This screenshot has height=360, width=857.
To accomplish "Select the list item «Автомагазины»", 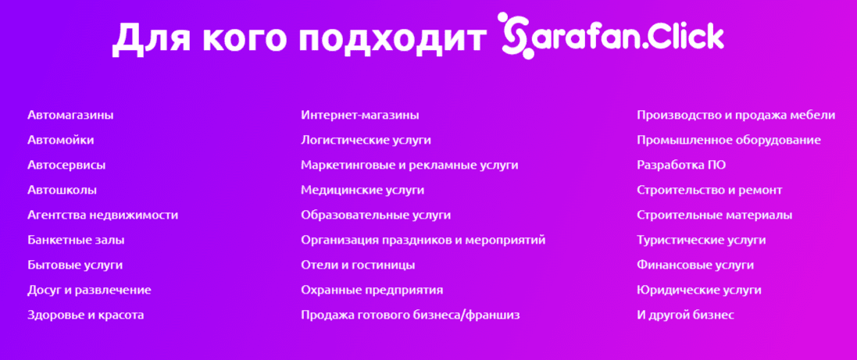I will pyautogui.click(x=70, y=116).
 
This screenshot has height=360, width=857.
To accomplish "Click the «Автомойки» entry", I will pyautogui.click(x=60, y=141).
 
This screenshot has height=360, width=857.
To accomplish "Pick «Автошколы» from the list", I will pyautogui.click(x=62, y=191).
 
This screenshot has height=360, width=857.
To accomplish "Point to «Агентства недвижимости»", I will pyautogui.click(x=102, y=216).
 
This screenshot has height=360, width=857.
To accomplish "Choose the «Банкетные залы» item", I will pyautogui.click(x=76, y=241).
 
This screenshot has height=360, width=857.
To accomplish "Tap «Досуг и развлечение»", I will pyautogui.click(x=89, y=290).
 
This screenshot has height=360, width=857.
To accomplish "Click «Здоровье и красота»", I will pyautogui.click(x=85, y=315).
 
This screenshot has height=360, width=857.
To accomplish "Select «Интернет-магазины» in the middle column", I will pyautogui.click(x=359, y=116).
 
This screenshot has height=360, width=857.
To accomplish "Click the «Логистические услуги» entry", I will pyautogui.click(x=366, y=141).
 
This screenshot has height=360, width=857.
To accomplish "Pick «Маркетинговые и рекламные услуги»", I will pyautogui.click(x=409, y=166).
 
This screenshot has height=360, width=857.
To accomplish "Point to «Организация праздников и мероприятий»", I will pyautogui.click(x=423, y=241).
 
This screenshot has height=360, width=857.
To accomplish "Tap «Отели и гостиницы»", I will pyautogui.click(x=358, y=266).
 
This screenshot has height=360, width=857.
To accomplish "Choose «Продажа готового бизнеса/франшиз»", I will pyautogui.click(x=410, y=315).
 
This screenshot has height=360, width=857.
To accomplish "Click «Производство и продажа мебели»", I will pyautogui.click(x=736, y=116).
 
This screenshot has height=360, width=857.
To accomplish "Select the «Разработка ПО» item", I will pyautogui.click(x=681, y=166).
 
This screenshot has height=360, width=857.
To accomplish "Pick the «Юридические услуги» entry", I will pyautogui.click(x=698, y=290).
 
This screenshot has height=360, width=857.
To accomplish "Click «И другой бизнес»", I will pyautogui.click(x=685, y=315).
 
